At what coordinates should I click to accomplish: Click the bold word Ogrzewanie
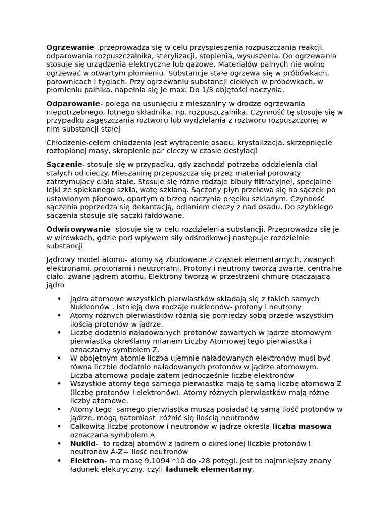point(70,47)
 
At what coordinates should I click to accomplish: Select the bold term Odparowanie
point(73,104)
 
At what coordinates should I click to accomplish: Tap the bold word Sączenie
point(64,164)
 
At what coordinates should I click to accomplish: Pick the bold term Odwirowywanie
point(78,229)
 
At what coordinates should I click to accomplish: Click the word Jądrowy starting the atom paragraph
point(60,259)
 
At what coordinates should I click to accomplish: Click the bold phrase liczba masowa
point(302,426)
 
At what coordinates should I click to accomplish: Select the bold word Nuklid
point(83,443)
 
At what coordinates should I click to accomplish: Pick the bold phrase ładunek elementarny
point(209,469)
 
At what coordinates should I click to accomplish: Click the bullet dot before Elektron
point(60,461)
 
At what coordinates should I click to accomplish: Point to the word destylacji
point(239,151)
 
